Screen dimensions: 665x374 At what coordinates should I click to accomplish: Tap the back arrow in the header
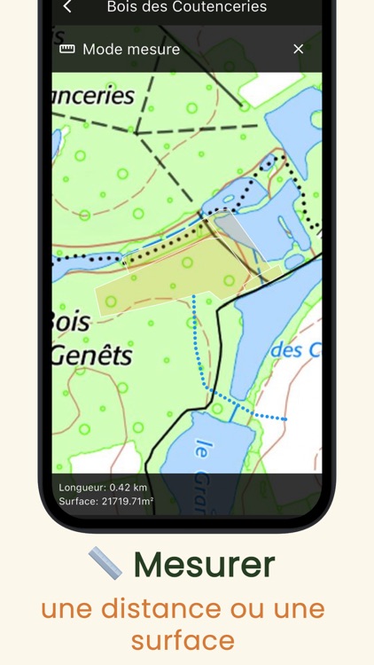coord(67,7)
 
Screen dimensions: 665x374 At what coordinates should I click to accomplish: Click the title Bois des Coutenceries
coord(186,7)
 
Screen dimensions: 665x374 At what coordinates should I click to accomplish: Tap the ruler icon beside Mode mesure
coord(66,50)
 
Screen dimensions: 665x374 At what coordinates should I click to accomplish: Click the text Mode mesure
coord(131,50)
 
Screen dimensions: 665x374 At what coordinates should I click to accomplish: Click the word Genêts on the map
coord(91,356)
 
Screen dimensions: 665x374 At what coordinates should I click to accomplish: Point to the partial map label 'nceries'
coord(93,96)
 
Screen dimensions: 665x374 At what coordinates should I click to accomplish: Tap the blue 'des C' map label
coord(295,350)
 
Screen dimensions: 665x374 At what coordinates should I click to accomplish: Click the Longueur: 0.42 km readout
coord(103,488)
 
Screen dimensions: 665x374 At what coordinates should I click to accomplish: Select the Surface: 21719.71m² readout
coord(106,502)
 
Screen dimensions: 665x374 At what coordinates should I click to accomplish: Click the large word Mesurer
coord(205,564)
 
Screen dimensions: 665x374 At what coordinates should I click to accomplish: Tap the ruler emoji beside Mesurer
coord(105,563)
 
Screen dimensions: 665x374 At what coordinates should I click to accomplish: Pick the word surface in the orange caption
coord(183,639)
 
